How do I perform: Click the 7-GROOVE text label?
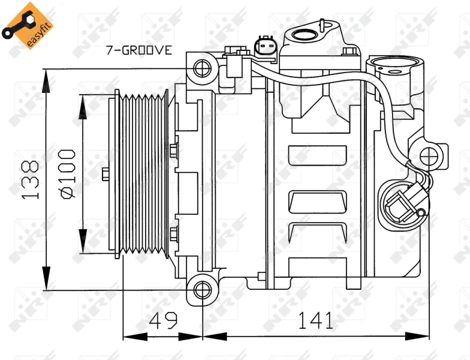tap(139, 50)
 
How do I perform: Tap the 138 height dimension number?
tap(30, 179)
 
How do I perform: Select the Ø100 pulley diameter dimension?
tap(67, 174)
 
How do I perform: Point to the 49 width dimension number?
tap(163, 321)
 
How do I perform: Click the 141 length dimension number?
tap(316, 321)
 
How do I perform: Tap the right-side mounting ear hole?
tap(430, 157)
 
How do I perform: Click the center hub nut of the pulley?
tap(106, 174)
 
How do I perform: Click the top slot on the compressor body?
tap(318, 155)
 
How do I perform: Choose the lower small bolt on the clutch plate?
tap(173, 233)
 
